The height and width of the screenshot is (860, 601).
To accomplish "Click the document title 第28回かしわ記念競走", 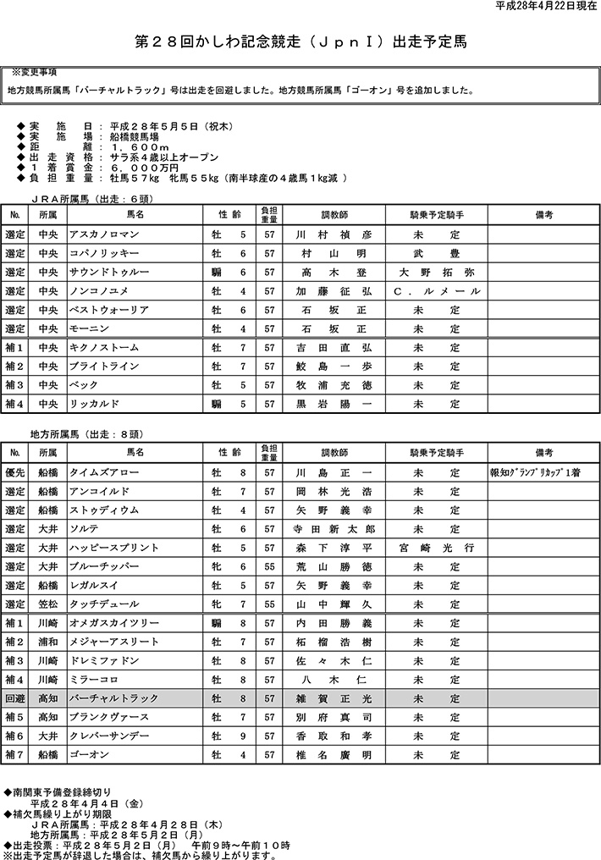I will point(300,41).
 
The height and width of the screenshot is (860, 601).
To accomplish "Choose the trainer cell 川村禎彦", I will point(333,234).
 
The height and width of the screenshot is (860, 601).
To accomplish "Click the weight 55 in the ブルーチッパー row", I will point(268,567).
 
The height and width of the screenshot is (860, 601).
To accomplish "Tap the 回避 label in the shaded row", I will point(15,699).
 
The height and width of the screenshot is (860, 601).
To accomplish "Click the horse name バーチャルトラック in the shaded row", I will point(114,699).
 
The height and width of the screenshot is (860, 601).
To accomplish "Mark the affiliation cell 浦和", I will point(47,642).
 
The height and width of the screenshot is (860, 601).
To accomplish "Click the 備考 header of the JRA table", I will point(543,215).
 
